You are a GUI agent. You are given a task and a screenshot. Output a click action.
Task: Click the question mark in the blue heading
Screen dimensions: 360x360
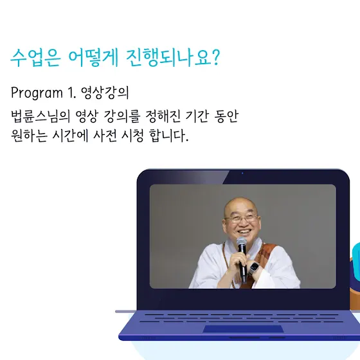point(215,57)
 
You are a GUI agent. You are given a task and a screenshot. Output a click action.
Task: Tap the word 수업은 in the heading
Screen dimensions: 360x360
point(35,58)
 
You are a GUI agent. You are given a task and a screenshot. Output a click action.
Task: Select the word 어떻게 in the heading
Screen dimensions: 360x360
point(93,58)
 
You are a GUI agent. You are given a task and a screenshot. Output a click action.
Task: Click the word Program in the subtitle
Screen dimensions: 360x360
point(37,93)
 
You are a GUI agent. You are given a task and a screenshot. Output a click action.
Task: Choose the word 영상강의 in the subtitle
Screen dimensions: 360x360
point(105,93)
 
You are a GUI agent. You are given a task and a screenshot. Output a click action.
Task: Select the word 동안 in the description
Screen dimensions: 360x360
point(226,116)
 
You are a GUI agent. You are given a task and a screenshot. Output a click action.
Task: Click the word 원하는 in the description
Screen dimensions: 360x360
point(29,136)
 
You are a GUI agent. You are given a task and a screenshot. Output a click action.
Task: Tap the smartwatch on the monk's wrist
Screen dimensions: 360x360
point(254,268)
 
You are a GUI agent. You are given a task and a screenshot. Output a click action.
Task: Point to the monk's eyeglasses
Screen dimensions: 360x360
point(242,218)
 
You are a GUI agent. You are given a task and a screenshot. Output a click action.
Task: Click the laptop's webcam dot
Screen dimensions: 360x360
point(242,173)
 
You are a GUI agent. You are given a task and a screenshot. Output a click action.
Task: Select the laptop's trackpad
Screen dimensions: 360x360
point(243,328)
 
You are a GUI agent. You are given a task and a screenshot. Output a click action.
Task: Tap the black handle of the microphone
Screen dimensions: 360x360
point(243,264)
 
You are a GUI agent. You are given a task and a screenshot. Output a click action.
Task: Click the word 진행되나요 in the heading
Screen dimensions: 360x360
point(168,58)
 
